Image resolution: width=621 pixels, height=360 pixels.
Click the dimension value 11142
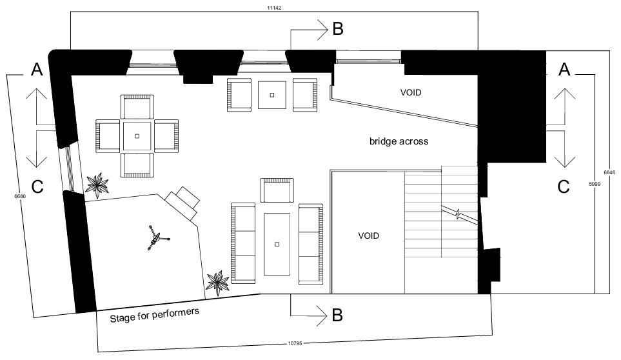(274, 8)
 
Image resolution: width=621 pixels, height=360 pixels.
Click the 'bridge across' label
(399, 141)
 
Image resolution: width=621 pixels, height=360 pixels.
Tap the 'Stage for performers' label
(154, 315)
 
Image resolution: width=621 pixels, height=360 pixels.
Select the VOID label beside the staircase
(368, 236)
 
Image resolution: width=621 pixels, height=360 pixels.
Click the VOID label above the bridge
(410, 92)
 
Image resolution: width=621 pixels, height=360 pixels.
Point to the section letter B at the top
(337, 28)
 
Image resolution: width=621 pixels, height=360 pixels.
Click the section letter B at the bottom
(337, 315)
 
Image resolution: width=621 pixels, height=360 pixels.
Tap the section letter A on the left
(37, 70)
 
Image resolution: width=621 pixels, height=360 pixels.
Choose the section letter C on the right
(564, 186)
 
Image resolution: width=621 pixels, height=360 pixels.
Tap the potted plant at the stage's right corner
(217, 282)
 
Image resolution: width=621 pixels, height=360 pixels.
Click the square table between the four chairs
(137, 135)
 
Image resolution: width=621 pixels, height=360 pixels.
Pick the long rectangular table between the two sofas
(277, 243)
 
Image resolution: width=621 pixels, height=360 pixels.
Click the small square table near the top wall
(272, 95)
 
